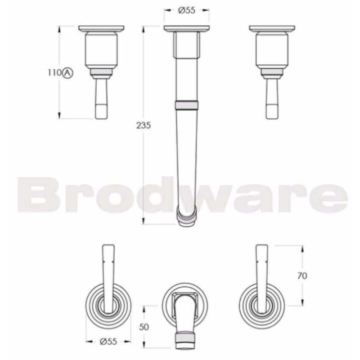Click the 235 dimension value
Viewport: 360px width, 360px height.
[x=143, y=126]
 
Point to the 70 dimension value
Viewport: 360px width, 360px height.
[x=302, y=276]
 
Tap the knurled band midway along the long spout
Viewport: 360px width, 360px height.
[x=186, y=105]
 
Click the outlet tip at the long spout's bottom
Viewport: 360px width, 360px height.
[x=186, y=219]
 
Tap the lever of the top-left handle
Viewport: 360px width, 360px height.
[x=102, y=99]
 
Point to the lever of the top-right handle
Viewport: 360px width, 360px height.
[x=271, y=99]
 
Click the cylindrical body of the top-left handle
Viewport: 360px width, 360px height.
[x=102, y=52]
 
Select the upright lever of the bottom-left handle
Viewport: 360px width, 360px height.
[x=108, y=274]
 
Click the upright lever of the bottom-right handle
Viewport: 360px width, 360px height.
[x=261, y=274]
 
